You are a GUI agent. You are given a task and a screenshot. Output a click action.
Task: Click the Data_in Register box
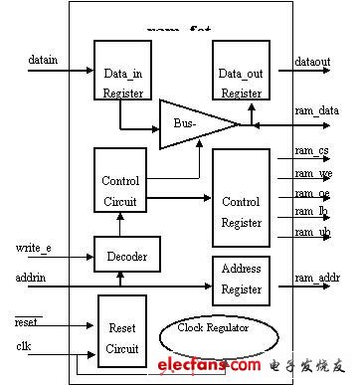(x=122, y=71)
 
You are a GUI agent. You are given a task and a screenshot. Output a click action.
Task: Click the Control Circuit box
(x=120, y=180)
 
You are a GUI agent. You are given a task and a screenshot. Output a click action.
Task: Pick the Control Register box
(x=242, y=197)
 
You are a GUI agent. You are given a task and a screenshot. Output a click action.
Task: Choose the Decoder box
(x=126, y=256)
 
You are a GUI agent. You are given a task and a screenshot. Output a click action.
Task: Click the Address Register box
(x=242, y=279)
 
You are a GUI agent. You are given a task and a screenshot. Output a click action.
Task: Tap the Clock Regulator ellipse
(x=213, y=328)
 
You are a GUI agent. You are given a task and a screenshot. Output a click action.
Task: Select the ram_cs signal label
(x=310, y=151)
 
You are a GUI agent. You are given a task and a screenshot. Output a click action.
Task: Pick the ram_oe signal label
(x=310, y=193)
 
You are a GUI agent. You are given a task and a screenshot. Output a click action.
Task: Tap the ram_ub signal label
(x=310, y=232)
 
